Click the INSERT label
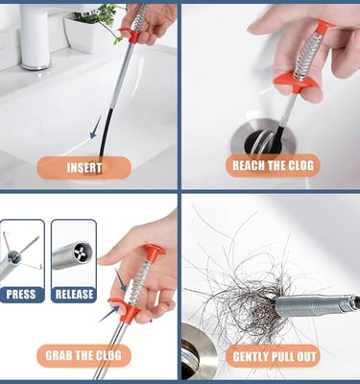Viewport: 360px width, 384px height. [84, 168]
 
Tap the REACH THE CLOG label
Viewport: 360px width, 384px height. [273, 165]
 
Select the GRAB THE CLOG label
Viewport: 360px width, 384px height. [84, 355]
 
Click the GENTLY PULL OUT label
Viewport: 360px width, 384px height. [275, 356]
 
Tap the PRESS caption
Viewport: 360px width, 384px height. [21, 295]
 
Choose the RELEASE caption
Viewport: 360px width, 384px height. [74, 295]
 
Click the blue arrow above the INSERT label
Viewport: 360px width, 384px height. [95, 128]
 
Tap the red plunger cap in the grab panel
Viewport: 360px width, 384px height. [155, 250]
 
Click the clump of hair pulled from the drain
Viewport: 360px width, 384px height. [247, 295]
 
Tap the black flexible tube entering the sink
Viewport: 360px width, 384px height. [106, 134]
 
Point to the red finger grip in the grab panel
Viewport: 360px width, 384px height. [123, 308]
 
